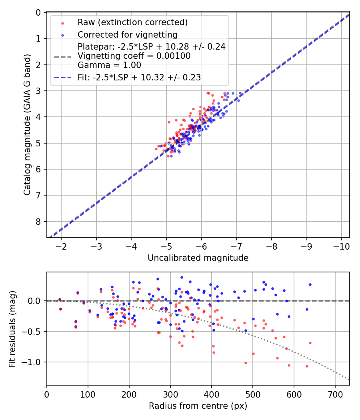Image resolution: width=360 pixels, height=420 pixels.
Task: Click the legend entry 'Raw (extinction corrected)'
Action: pyautogui.click(x=132, y=22)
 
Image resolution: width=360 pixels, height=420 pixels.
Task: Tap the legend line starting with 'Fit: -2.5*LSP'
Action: pyautogui.click(x=139, y=78)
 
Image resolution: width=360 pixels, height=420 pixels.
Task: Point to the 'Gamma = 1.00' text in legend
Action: pyautogui.click(x=109, y=65)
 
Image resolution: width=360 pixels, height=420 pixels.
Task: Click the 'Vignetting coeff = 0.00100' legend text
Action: pyautogui.click(x=134, y=56)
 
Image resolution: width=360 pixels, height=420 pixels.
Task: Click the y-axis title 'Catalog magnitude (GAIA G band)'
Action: pyautogui.click(x=27, y=124)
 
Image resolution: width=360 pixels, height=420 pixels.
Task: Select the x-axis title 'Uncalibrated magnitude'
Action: pyautogui.click(x=198, y=258)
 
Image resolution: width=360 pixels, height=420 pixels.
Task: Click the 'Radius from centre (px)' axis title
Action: pyautogui.click(x=198, y=406)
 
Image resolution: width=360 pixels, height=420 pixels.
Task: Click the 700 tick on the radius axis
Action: pyautogui.click(x=335, y=394)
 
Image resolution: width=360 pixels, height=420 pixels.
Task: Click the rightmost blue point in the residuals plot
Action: pyautogui.click(x=310, y=284)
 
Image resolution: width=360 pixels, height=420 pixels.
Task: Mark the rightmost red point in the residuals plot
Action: pyautogui.click(x=310, y=343)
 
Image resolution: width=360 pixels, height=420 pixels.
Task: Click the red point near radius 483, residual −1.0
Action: pyautogui.click(x=246, y=363)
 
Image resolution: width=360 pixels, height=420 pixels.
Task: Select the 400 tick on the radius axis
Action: pyautogui.click(x=212, y=394)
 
